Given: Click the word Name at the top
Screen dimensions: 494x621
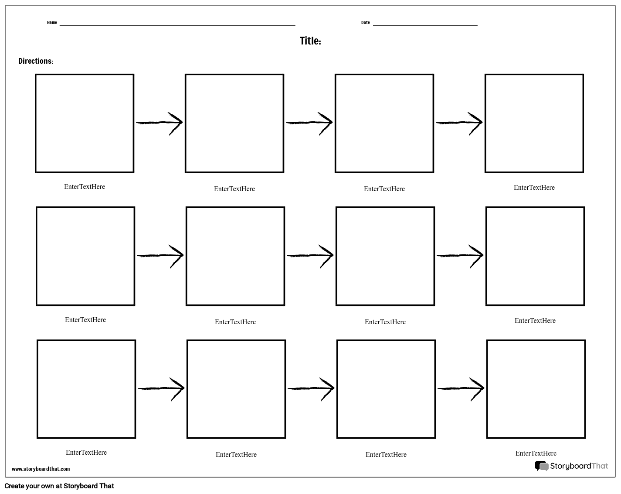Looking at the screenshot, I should [x=52, y=23].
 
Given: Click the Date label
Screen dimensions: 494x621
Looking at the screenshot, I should [x=365, y=23].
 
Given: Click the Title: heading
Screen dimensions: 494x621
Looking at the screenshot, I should [x=310, y=41].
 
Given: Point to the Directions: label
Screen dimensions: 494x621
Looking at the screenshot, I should [x=36, y=61].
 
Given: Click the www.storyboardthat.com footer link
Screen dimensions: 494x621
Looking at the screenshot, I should [x=41, y=469].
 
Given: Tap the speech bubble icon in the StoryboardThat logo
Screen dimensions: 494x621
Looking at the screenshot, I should [x=541, y=466].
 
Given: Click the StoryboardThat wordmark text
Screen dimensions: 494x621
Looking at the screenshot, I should [x=579, y=466].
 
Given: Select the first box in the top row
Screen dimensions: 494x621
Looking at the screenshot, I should [x=85, y=123].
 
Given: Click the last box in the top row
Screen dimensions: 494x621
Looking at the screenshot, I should [x=534, y=123].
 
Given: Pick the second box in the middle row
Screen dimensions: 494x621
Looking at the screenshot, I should [x=235, y=256].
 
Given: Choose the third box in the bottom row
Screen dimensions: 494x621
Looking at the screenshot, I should [x=386, y=389].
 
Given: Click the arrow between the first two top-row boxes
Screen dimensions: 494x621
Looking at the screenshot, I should [x=159, y=123].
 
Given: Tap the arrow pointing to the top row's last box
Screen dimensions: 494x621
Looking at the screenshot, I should [x=459, y=123].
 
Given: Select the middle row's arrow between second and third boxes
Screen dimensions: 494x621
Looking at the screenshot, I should [x=310, y=255].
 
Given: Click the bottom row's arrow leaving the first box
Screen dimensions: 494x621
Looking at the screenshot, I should [x=161, y=388].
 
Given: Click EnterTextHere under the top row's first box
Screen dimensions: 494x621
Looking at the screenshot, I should [x=85, y=187].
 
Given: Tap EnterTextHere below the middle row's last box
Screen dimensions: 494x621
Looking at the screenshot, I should [x=535, y=321].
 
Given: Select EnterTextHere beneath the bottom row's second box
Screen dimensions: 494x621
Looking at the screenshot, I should [x=236, y=455].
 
